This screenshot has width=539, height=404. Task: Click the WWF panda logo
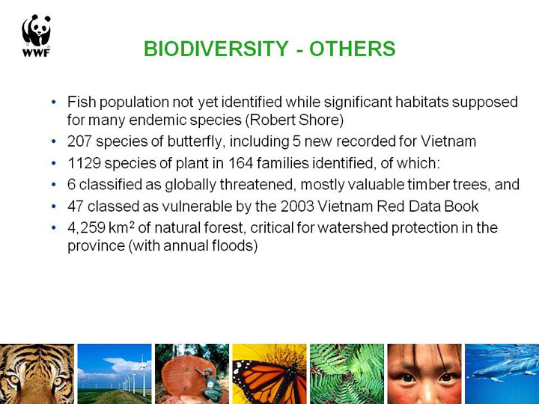pyautogui.click(x=37, y=35)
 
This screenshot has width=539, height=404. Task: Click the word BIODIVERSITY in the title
pyautogui.click(x=216, y=49)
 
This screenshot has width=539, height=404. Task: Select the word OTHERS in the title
pyautogui.click(x=353, y=49)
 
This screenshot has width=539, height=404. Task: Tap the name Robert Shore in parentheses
pyautogui.click(x=295, y=120)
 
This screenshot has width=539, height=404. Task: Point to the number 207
pyautogui.click(x=80, y=141)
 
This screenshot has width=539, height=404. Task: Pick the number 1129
pyautogui.click(x=84, y=163)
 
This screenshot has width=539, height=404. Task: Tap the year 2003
pyautogui.click(x=297, y=206)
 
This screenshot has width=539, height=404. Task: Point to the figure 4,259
pyautogui.click(x=86, y=227)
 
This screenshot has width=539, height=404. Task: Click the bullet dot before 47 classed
pyautogui.click(x=53, y=206)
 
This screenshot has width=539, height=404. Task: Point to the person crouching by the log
pyautogui.click(x=210, y=385)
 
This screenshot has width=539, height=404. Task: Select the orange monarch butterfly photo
pyautogui.click(x=269, y=374)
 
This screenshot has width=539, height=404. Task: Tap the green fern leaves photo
pyautogui.click(x=347, y=374)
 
